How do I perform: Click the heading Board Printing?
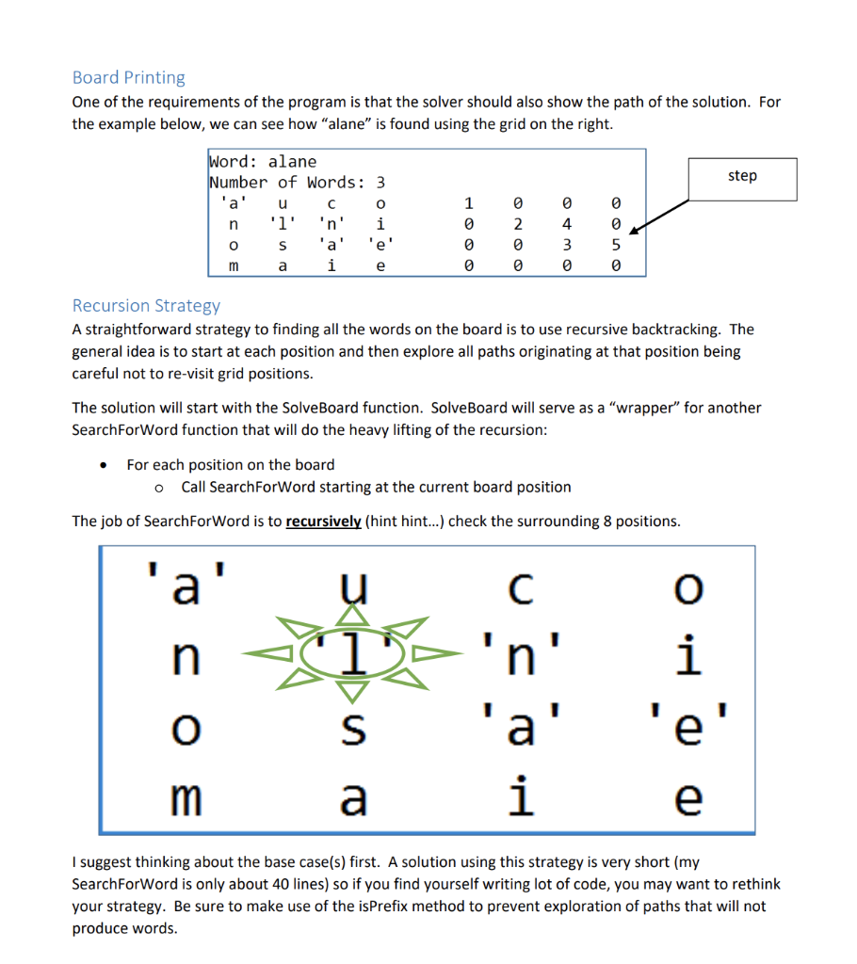(128, 77)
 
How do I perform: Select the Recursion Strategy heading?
(146, 305)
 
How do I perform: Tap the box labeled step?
(742, 176)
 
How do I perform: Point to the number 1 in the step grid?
(468, 203)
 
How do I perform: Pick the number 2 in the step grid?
(516, 225)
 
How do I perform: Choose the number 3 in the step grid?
(566, 246)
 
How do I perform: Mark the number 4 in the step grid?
(566, 225)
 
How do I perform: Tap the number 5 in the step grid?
(614, 246)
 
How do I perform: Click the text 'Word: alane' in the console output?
(263, 161)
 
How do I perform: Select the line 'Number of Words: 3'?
(297, 182)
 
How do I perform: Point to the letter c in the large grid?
(520, 589)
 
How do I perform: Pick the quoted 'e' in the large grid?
(689, 726)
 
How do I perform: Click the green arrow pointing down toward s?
(351, 690)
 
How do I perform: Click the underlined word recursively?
(323, 521)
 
